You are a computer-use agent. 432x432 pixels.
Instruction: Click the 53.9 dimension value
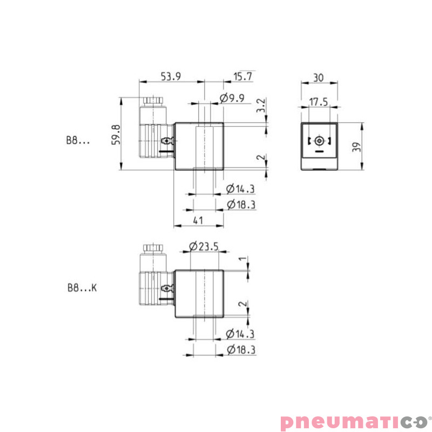pyautogui.click(x=171, y=76)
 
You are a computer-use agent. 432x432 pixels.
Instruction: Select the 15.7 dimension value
pyautogui.click(x=243, y=76)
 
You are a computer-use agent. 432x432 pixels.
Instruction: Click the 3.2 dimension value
pyautogui.click(x=260, y=105)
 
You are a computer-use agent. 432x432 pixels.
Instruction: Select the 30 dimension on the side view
pyautogui.click(x=318, y=77)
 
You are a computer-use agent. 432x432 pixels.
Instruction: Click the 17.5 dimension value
pyautogui.click(x=319, y=102)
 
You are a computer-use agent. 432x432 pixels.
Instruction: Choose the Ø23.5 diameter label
pyautogui.click(x=204, y=247)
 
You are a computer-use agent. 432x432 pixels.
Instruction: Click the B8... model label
pyautogui.click(x=78, y=140)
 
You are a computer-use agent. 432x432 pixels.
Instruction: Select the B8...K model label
pyautogui.click(x=82, y=288)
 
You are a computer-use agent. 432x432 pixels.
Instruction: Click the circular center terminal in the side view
pyautogui.click(x=319, y=141)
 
